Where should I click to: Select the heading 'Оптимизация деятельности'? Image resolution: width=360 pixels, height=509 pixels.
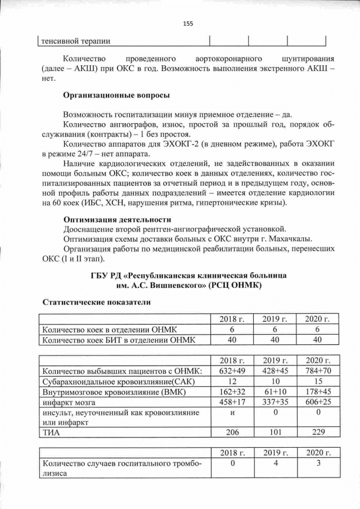tap(117, 218)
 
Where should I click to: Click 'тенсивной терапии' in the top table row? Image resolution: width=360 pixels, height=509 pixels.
tap(74, 40)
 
